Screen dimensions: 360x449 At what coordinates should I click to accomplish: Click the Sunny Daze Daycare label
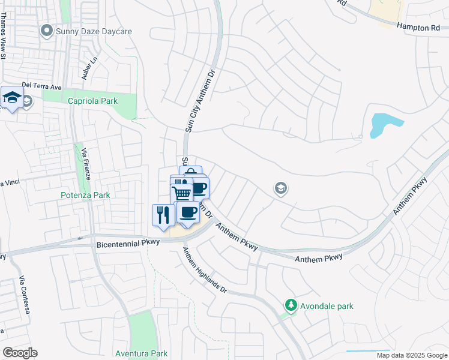point(94,31)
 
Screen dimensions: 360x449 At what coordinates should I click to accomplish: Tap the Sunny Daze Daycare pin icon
point(46,31)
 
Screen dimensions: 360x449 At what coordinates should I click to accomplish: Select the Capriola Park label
point(92,101)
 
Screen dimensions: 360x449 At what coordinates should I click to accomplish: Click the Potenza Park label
point(86,195)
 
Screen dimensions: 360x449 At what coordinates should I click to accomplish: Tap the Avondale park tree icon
point(291,306)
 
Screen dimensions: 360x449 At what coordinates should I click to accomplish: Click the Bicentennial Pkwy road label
point(128,242)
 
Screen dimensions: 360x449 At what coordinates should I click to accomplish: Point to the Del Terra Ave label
point(42,86)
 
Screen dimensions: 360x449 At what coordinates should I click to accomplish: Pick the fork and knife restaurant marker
point(163,214)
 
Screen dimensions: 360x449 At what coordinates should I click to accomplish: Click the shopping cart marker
point(182,193)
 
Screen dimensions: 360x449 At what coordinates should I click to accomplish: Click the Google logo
point(20,353)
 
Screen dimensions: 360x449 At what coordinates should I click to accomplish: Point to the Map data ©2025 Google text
point(411,355)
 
